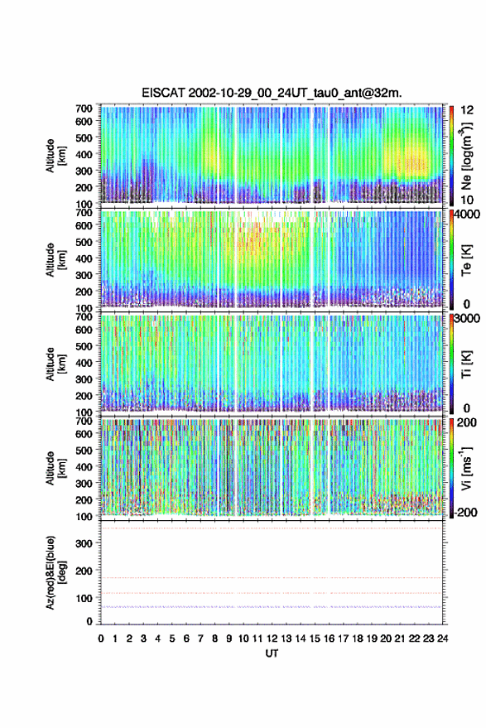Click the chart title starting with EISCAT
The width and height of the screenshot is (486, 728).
(x=272, y=93)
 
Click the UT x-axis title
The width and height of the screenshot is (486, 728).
(x=272, y=653)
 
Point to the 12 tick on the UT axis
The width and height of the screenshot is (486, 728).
(x=272, y=639)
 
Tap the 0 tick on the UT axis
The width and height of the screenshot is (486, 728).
(x=101, y=639)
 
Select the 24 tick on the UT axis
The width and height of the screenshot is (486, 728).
(x=443, y=639)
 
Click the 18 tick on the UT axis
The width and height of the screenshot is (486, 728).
(x=358, y=639)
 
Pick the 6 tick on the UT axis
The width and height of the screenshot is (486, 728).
(x=186, y=639)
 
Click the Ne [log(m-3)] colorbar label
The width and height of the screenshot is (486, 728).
(x=466, y=156)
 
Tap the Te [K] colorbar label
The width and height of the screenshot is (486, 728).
(x=466, y=260)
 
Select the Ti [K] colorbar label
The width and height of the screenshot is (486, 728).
(x=466, y=364)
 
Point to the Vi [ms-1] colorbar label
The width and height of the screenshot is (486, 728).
(x=466, y=469)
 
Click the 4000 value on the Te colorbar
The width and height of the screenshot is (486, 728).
(x=464, y=215)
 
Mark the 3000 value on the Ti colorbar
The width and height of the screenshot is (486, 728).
(x=464, y=319)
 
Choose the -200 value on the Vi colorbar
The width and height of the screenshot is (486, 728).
(x=464, y=512)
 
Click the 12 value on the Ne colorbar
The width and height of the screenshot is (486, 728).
(x=467, y=110)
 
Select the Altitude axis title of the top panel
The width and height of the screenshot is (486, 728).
(x=55, y=156)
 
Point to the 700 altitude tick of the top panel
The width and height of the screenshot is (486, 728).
(x=84, y=108)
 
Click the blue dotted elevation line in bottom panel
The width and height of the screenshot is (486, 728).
(x=272, y=607)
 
